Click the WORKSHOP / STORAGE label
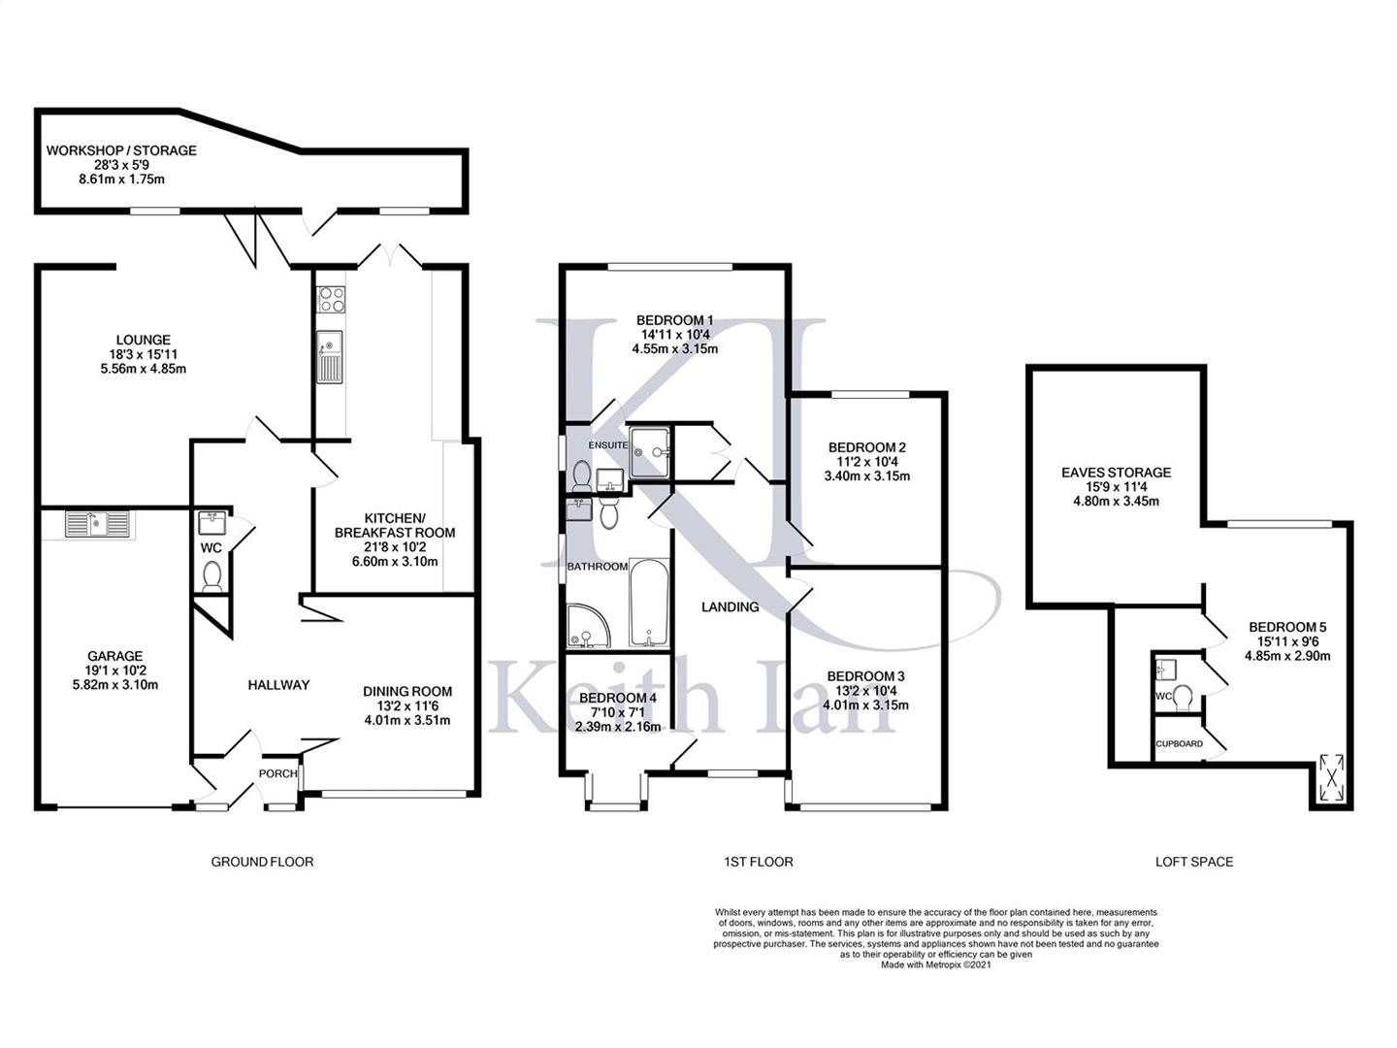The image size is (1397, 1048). (121, 150)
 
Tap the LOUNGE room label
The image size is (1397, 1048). (144, 340)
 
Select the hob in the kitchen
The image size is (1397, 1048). (332, 299)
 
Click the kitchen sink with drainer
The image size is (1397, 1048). (330, 357)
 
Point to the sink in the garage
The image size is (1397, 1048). (99, 524)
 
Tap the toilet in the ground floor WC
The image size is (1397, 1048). (211, 575)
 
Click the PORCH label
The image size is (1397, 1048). (277, 773)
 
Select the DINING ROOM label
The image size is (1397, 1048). (407, 691)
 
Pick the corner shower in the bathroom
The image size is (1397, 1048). (589, 627)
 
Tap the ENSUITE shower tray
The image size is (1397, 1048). (649, 452)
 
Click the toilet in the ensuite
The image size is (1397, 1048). (581, 475)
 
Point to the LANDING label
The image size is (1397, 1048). (730, 607)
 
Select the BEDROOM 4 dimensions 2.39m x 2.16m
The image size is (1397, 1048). (617, 727)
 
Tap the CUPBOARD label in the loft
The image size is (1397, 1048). (1180, 743)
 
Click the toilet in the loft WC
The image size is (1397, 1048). (1184, 698)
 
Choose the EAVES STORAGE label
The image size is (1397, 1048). (1116, 473)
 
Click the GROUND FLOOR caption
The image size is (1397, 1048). (262, 862)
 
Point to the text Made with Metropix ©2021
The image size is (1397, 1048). (935, 965)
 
